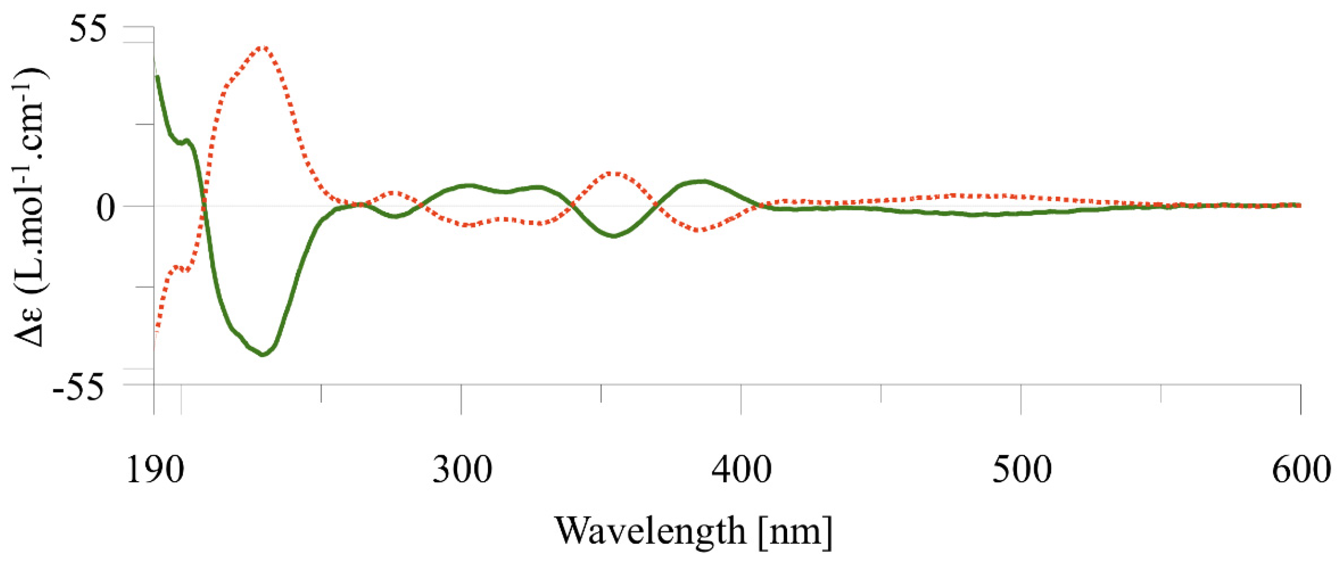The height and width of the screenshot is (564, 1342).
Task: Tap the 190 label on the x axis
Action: pyautogui.click(x=155, y=470)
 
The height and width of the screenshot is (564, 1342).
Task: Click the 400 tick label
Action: pyautogui.click(x=742, y=470)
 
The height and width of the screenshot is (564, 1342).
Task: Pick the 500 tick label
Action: pyautogui.click(x=1022, y=470)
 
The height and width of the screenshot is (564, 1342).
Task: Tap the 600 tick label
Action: pyautogui.click(x=1301, y=470)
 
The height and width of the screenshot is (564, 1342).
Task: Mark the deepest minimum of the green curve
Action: pyautogui.click(x=263, y=355)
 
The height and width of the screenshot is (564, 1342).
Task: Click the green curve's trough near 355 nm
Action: pyautogui.click(x=615, y=236)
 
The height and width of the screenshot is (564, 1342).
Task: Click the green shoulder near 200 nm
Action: pyautogui.click(x=186, y=140)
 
